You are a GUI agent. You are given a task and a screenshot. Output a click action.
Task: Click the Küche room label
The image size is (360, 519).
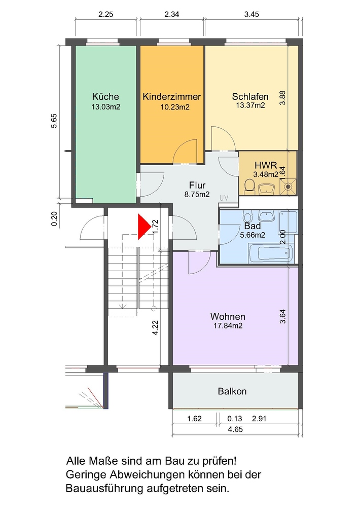[105, 97]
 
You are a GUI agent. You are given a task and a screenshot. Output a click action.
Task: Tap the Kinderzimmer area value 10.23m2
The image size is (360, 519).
[175, 107]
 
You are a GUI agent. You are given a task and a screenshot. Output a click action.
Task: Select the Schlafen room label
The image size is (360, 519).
[250, 97]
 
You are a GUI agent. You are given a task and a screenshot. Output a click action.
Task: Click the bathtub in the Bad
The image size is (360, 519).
[271, 254]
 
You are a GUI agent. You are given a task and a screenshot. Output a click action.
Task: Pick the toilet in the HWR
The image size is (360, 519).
[248, 187]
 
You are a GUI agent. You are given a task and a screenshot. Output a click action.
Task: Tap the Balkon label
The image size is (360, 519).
[232, 392]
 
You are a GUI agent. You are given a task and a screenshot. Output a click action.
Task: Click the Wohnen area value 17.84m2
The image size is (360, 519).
[228, 326]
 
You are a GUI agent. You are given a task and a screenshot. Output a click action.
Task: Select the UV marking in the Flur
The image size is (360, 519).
[224, 198]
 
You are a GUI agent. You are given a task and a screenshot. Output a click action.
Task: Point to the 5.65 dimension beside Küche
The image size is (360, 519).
[54, 121]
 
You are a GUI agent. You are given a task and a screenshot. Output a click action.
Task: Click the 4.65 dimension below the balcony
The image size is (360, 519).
[235, 430]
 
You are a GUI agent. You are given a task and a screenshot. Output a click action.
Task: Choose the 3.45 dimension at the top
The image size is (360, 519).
[251, 14]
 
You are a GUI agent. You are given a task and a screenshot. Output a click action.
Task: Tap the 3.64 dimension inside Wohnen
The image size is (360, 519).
[282, 316]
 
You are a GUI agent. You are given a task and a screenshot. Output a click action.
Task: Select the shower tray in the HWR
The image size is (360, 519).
[289, 187]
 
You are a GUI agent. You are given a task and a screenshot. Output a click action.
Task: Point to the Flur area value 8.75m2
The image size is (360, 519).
[197, 195]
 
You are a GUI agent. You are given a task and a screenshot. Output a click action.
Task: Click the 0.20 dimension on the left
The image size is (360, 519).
[54, 219]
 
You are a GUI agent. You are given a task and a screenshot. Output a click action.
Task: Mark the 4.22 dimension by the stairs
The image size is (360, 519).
[155, 328]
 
